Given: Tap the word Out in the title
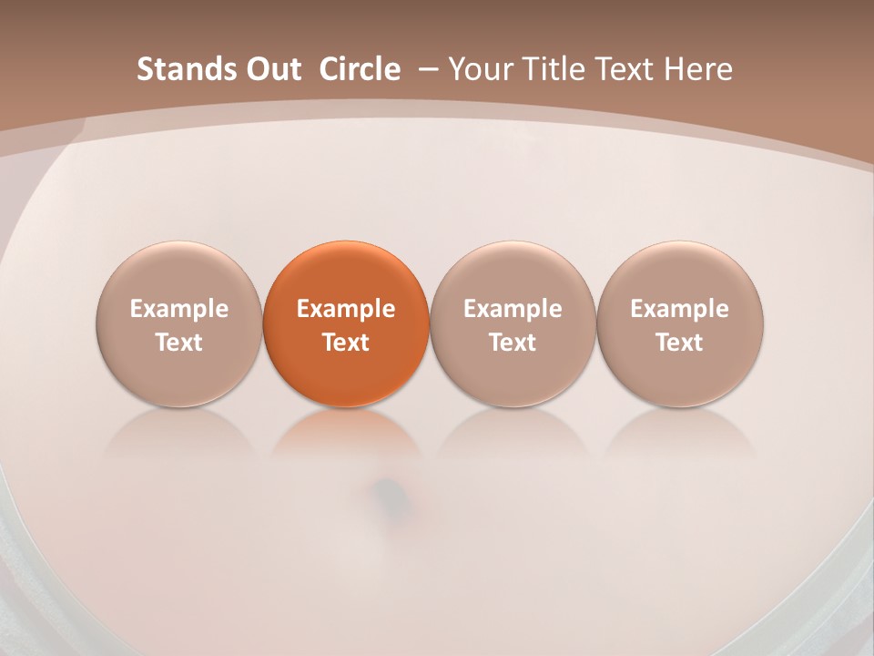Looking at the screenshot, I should pyautogui.click(x=272, y=69).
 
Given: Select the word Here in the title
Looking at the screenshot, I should pyautogui.click(x=698, y=69).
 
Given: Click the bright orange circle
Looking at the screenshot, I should pyautogui.click(x=346, y=323).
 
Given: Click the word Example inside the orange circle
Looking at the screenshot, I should pyautogui.click(x=346, y=309).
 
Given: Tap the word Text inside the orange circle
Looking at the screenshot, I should pyautogui.click(x=346, y=343).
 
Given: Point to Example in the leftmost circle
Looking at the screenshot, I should pyautogui.click(x=179, y=309).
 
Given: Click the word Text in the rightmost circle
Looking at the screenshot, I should pyautogui.click(x=680, y=343).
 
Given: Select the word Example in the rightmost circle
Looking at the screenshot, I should pyautogui.click(x=680, y=309).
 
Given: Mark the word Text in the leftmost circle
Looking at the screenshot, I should pyautogui.click(x=179, y=343).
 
